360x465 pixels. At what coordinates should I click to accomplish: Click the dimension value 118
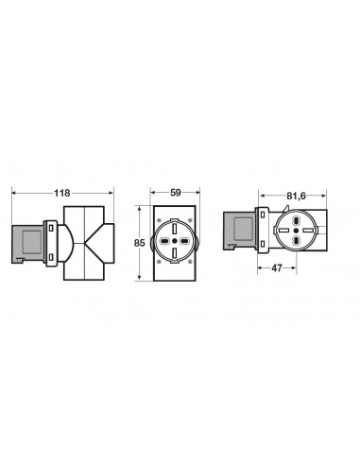tap(63, 194)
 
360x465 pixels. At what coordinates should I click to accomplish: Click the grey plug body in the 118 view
tap(28, 240)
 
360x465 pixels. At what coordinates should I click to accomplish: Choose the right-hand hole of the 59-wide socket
tap(184, 240)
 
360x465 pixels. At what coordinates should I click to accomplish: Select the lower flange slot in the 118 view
tap(48, 256)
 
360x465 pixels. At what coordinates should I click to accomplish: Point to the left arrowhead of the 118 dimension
tap(13, 193)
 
